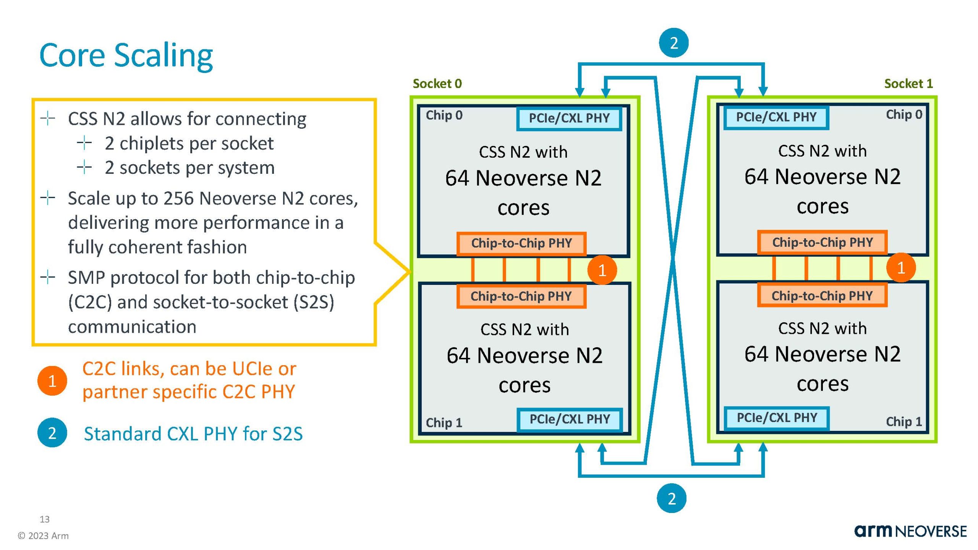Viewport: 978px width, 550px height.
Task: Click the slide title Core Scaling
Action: [x=126, y=56]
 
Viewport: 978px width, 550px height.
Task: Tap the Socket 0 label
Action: [x=437, y=84]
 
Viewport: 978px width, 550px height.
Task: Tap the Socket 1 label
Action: [x=908, y=84]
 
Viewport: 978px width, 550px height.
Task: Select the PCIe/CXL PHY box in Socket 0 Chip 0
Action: [x=569, y=118]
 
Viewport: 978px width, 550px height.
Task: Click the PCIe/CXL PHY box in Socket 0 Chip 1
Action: [x=570, y=419]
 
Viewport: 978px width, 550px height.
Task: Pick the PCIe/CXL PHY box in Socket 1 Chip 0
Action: [x=776, y=117]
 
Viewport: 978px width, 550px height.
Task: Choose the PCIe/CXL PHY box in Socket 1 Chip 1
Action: [x=777, y=418]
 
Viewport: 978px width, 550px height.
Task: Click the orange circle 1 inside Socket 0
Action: [x=602, y=270]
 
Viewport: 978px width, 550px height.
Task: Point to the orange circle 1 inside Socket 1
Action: [x=900, y=268]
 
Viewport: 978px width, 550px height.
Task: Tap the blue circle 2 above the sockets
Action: [x=674, y=43]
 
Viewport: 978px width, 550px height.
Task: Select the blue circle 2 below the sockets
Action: [x=671, y=498]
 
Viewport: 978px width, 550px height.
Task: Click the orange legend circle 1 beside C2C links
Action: [x=52, y=381]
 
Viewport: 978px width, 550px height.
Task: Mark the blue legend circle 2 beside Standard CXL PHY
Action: [x=52, y=433]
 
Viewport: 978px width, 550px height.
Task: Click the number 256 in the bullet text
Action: [x=178, y=199]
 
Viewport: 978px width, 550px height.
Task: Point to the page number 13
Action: [x=44, y=519]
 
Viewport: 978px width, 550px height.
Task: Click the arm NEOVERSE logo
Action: [x=910, y=531]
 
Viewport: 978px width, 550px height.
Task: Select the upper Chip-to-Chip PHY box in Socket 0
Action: [x=521, y=243]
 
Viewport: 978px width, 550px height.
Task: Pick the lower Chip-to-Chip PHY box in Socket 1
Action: [x=822, y=296]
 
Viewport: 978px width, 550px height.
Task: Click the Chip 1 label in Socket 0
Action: [x=444, y=422]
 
